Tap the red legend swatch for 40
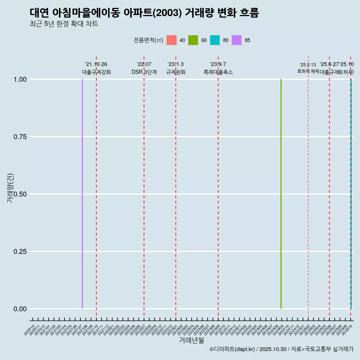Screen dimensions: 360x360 pos(171,40)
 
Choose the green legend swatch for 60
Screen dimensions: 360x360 pos(193,40)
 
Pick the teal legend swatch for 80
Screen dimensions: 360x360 pos(215,40)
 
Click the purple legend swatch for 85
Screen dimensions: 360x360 pos(237,40)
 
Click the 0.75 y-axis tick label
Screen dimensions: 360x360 pos(19,137)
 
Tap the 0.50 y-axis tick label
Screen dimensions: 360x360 pos(19,194)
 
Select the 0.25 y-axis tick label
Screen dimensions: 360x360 pos(19,252)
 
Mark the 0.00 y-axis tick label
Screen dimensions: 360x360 pos(19,309)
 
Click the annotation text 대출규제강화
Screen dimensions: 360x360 pos(96,72)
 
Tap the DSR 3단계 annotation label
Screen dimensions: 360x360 pos(144,72)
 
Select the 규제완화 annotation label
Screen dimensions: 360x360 pos(176,72)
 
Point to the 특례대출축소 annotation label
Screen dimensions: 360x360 pos(218,72)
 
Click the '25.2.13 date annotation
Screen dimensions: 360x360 pos(308,65)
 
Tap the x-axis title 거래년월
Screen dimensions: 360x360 pos(191,340)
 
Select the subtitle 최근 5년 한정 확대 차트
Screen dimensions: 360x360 pos(64,24)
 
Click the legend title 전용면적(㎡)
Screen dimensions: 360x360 pos(148,40)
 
